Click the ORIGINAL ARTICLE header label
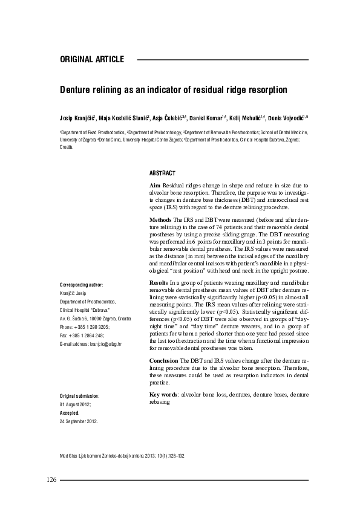(92, 59)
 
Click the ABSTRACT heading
(162, 172)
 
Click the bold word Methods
(160, 218)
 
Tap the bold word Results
(159, 283)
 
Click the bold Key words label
(162, 394)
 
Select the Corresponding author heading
(82, 284)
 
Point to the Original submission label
(79, 395)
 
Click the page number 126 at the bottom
(51, 480)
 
